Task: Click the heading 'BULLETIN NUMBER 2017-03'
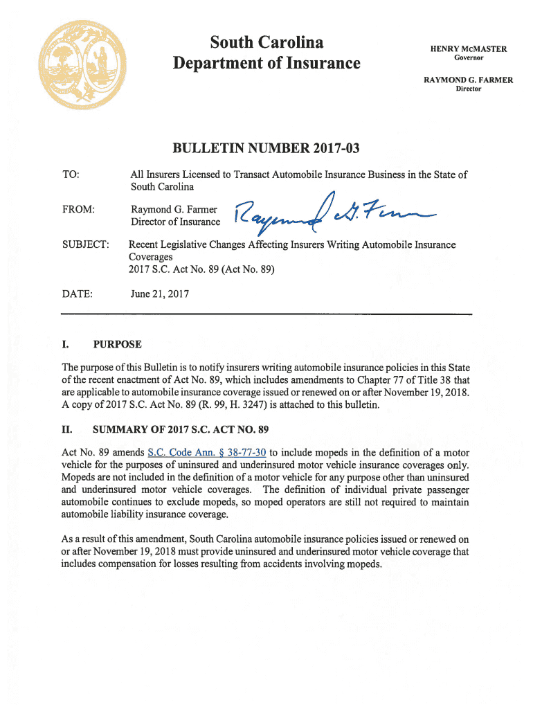(x=266, y=148)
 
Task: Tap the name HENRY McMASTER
(x=469, y=49)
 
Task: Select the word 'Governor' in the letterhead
(x=469, y=58)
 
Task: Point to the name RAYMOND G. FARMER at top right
(x=468, y=80)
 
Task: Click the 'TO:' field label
(x=71, y=175)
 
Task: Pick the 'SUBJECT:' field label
(x=84, y=245)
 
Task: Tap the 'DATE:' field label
(x=77, y=294)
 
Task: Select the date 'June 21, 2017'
(x=160, y=294)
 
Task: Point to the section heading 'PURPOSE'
(x=118, y=344)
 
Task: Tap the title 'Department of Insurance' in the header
(x=266, y=64)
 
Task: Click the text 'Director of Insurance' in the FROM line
(x=176, y=222)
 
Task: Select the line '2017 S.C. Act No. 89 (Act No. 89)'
(x=202, y=269)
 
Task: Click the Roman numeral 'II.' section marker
(x=67, y=429)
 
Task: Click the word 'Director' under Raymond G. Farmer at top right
(x=468, y=89)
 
